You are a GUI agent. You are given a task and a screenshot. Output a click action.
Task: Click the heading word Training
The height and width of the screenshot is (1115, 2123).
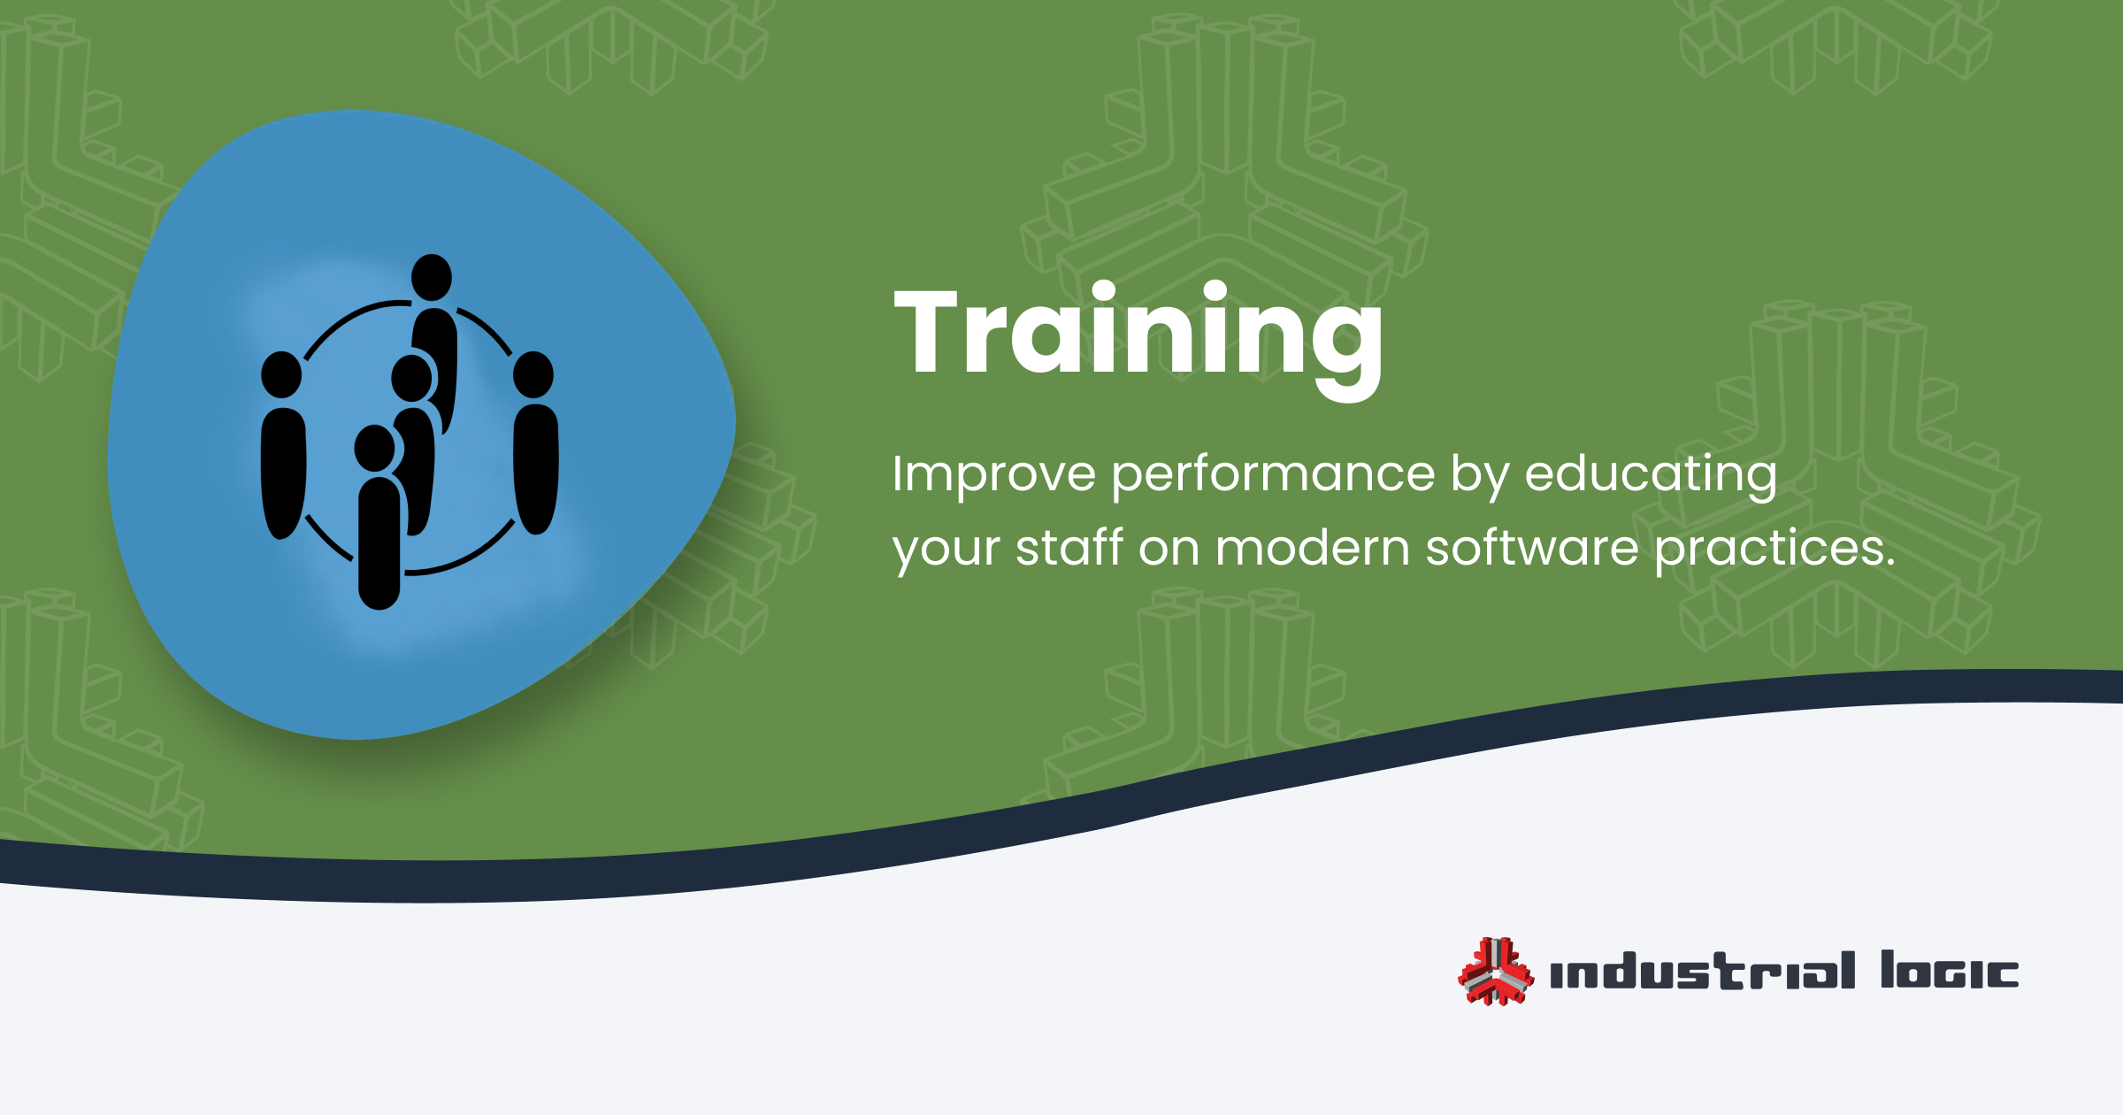pyautogui.click(x=1138, y=341)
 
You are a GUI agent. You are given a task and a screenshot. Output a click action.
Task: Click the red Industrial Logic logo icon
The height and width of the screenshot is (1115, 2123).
pyautogui.click(x=1496, y=971)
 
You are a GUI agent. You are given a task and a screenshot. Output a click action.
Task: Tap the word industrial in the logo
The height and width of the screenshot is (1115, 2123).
pyautogui.click(x=1703, y=970)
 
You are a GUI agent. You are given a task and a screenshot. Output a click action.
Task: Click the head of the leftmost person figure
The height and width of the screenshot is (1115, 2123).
pyautogui.click(x=282, y=374)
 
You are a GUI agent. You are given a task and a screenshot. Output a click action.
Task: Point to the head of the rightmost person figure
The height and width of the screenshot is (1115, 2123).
pyautogui.click(x=533, y=374)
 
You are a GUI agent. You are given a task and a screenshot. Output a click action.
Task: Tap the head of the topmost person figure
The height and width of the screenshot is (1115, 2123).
pyautogui.click(x=432, y=277)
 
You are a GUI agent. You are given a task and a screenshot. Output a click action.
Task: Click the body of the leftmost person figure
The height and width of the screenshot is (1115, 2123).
pyautogui.click(x=284, y=473)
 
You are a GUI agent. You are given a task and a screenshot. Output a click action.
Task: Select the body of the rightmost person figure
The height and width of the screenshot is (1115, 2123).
pyautogui.click(x=536, y=469)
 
